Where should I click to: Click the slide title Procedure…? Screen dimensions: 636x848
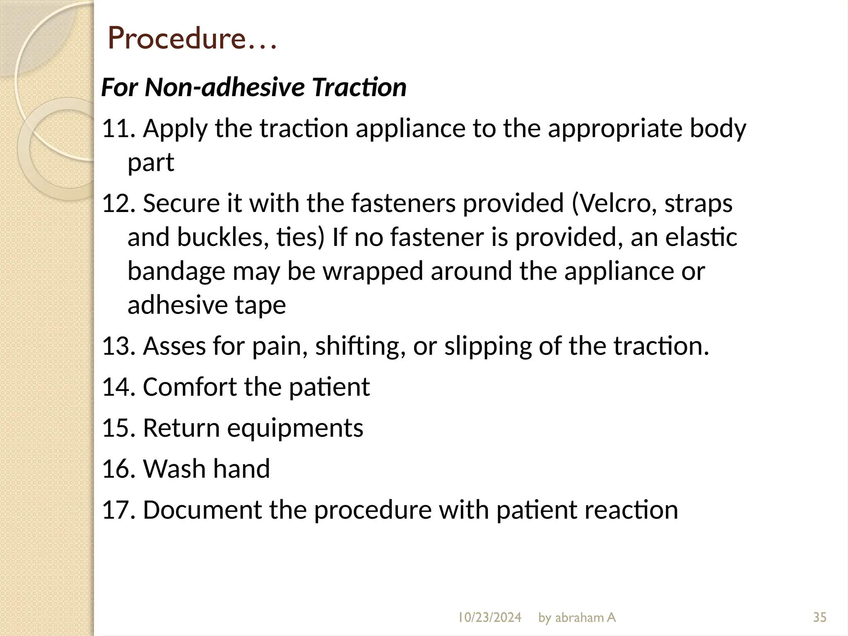click(192, 38)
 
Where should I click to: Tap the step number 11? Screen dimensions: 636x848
click(118, 128)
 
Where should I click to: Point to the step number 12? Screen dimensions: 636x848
click(118, 203)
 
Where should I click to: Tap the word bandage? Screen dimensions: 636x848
click(176, 272)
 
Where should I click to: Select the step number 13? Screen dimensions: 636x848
click(118, 346)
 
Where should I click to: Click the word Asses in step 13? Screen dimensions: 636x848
click(174, 346)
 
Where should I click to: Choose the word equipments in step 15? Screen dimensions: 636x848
click(295, 428)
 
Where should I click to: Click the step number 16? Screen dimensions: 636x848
click(118, 469)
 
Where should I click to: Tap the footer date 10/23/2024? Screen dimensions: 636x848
click(489, 617)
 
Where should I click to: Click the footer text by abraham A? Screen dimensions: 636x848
click(577, 617)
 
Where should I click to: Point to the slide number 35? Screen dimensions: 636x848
click(819, 617)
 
